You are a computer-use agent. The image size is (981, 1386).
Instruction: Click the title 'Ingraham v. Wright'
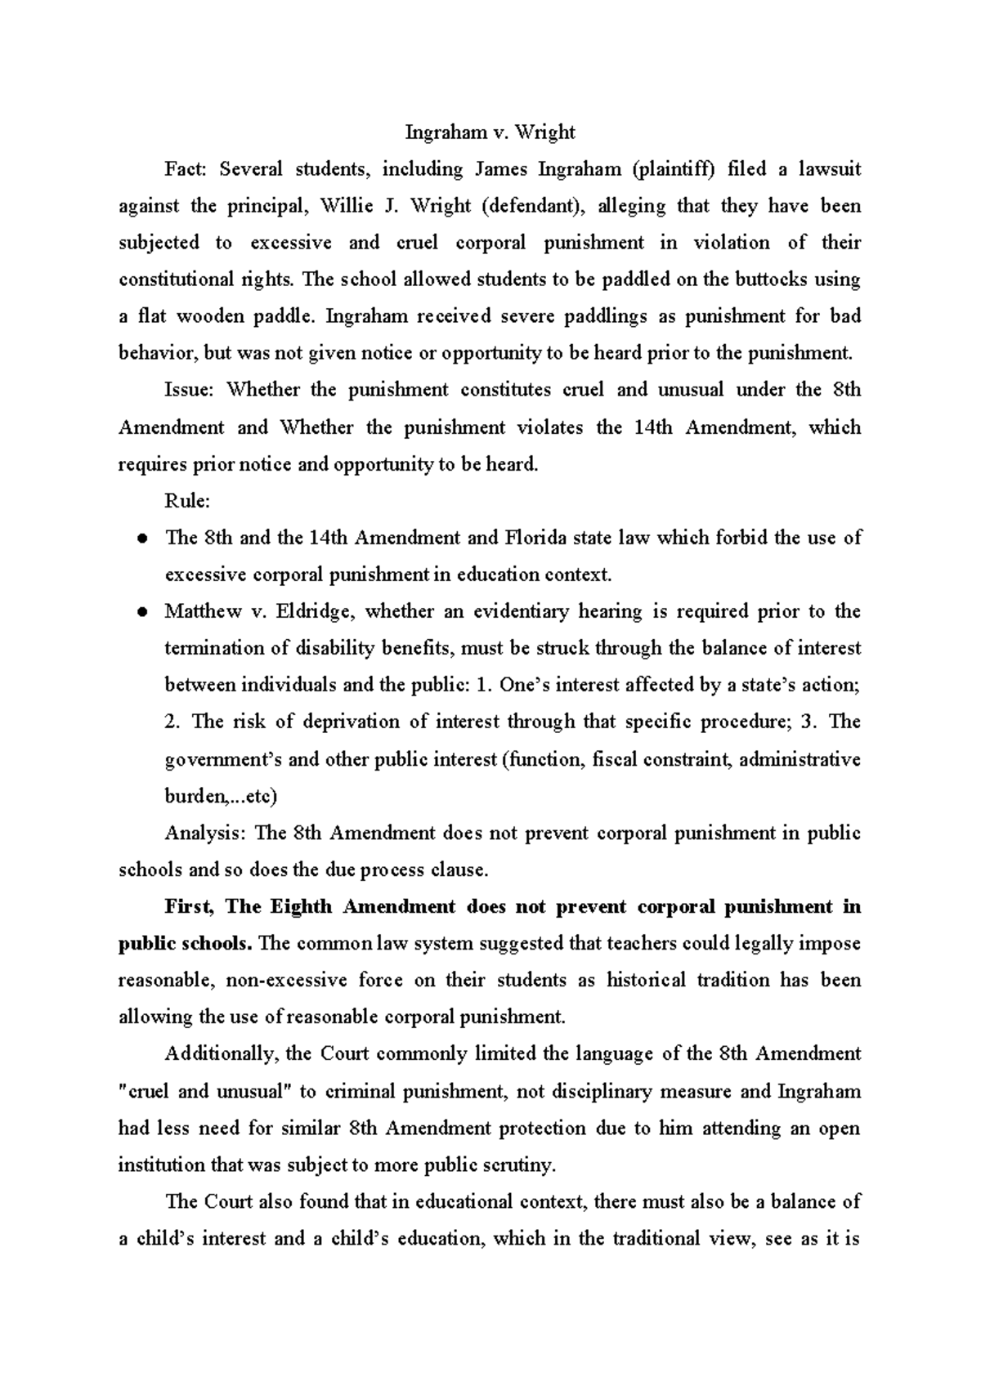[x=490, y=132]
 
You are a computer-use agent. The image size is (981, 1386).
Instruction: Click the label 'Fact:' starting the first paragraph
[x=187, y=169]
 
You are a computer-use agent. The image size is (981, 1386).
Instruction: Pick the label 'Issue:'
[x=189, y=390]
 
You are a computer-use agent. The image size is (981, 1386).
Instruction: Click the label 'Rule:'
[x=187, y=501]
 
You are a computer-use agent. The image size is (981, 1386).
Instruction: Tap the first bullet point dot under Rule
[x=141, y=539]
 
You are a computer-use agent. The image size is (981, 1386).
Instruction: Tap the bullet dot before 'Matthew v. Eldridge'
[x=141, y=612]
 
